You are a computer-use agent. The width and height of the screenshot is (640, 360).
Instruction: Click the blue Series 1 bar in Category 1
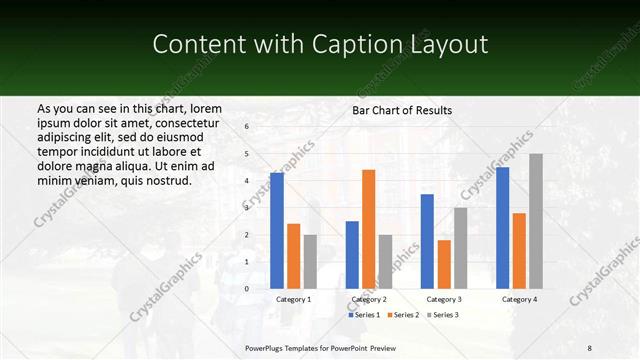pos(277,231)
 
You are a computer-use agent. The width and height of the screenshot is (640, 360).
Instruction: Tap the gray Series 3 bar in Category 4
pos(536,221)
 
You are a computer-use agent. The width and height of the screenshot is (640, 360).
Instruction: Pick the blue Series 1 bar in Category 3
pos(427,241)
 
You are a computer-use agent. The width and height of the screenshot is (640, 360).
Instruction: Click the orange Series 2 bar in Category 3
pos(443,264)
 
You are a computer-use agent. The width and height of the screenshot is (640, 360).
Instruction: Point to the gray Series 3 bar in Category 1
pos(310,261)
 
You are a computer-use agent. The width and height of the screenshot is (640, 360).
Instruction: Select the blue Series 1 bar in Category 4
pos(502,228)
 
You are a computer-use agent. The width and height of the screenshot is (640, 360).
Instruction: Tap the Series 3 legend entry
pos(444,315)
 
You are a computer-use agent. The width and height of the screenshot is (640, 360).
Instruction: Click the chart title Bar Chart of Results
pos(402,110)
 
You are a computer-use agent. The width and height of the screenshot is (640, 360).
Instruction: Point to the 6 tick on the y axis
pos(247,127)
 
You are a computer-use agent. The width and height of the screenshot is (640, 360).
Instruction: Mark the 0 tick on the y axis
pos(247,289)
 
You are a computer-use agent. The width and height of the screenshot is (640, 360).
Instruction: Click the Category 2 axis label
pos(368,299)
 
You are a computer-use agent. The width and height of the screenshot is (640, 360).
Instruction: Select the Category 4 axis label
pos(519,299)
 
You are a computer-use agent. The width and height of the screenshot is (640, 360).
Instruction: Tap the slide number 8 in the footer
pos(590,347)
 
